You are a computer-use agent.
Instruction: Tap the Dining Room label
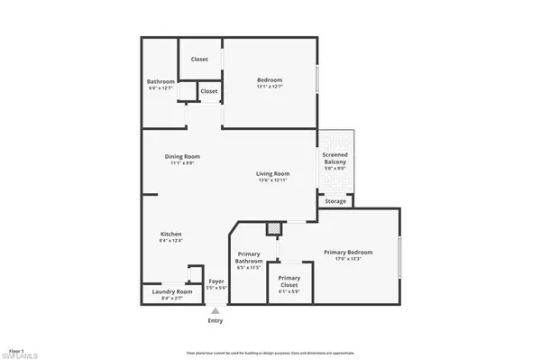pos(181,156)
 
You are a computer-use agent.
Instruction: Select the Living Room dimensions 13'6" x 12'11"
pos(272,181)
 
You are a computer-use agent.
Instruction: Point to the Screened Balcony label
pos(335,159)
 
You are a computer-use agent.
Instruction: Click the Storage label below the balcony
pos(335,201)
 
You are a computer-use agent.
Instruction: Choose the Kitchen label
pos(170,233)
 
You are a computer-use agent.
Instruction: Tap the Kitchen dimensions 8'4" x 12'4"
pos(170,240)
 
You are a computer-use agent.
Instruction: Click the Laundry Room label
pos(171,291)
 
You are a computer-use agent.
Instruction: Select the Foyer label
pos(216,281)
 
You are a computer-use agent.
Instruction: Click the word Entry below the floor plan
pos(215,320)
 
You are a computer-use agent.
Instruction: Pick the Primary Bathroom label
pos(248,258)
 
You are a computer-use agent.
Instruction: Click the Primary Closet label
pos(289,281)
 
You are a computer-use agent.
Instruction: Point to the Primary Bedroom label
pos(348,252)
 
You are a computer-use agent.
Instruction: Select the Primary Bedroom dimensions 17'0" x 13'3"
pos(348,259)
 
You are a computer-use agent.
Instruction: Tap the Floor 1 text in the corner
pos(15,349)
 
